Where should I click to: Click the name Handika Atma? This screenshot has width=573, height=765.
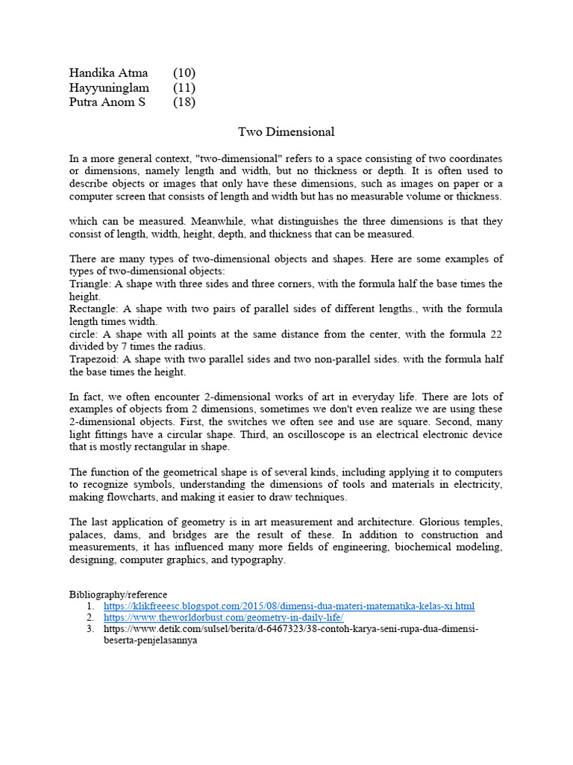pos(108,72)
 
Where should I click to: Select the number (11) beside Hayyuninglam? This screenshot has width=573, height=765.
pos(184,87)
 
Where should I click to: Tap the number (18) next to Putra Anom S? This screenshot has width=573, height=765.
pos(184,102)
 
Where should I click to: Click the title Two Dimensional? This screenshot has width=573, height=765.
pos(286,132)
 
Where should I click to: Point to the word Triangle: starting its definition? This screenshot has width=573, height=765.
pos(93,284)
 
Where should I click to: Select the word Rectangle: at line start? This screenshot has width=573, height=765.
pos(95,309)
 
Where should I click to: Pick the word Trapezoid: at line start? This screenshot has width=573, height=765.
pos(95,359)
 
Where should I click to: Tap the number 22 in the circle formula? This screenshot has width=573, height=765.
pos(495,334)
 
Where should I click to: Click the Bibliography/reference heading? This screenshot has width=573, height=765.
pos(119,594)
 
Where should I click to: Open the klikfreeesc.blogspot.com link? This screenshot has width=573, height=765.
pos(289,606)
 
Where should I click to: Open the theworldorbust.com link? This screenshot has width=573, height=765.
pos(223,618)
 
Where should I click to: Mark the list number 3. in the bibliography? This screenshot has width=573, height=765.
pos(90,630)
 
